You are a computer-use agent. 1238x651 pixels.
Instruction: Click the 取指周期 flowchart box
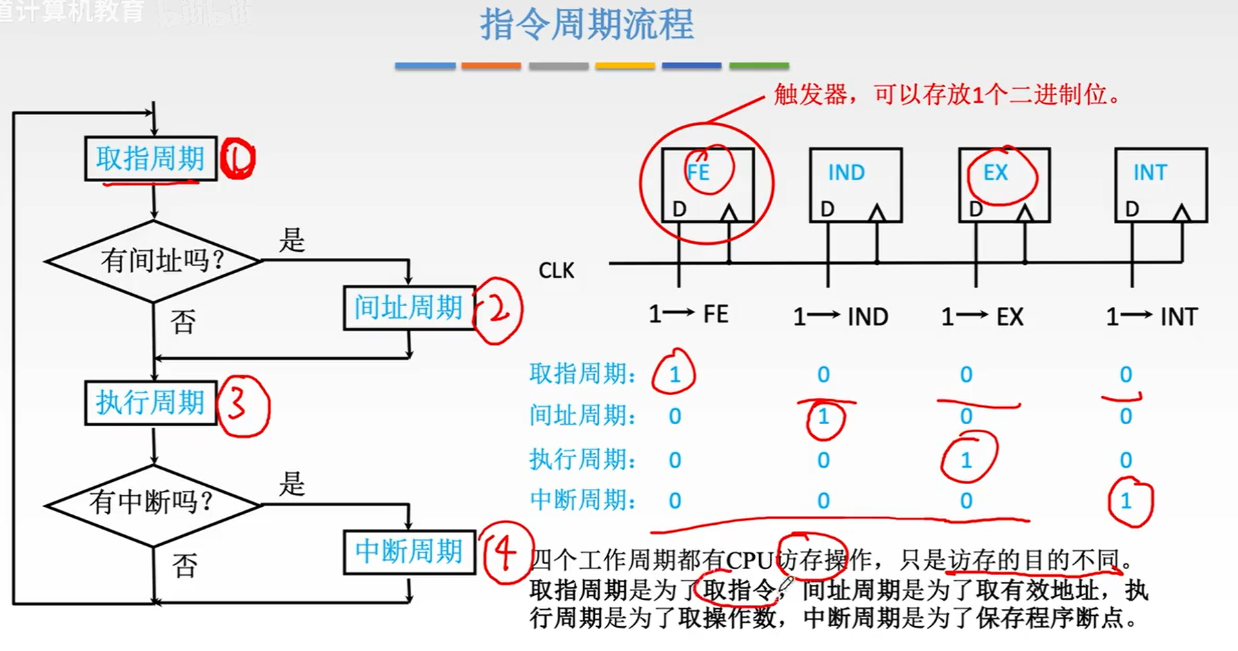pos(150,159)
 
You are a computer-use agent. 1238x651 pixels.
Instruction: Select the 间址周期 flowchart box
pos(409,308)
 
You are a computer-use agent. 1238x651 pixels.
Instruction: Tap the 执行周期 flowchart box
pos(150,402)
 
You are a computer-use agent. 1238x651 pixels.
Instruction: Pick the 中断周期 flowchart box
pos(409,552)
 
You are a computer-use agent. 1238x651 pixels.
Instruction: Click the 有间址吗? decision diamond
pos(153,261)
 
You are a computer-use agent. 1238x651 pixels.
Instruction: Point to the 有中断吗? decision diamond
pos(153,503)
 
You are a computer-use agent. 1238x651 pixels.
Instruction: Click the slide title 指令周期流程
pos(587,25)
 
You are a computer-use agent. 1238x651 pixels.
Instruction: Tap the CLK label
pos(556,270)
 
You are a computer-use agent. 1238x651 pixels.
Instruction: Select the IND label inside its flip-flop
pos(846,172)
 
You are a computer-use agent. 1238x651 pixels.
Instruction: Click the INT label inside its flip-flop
pos(1150,172)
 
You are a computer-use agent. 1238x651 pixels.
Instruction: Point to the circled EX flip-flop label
pos(996,172)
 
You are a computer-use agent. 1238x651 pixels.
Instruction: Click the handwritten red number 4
pos(506,553)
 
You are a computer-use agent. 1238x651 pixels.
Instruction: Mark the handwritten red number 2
pos(498,310)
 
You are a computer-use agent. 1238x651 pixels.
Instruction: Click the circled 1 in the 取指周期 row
pos(674,374)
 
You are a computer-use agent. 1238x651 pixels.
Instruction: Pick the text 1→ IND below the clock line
pos(840,317)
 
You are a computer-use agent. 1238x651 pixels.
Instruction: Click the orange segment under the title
pos(491,66)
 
